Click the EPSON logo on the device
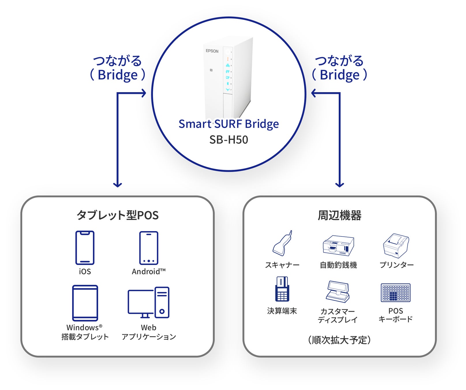point(212,51)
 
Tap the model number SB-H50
point(229,140)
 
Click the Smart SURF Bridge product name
point(229,124)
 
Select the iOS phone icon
point(85,248)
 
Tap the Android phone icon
point(149,248)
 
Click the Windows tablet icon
point(85,303)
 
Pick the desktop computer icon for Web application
point(149,302)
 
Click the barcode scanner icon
point(282,244)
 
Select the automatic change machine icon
point(338,245)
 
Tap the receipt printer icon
point(396,245)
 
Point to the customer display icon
point(338,291)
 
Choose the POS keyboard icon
point(395,292)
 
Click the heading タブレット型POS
point(117,215)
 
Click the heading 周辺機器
point(339,215)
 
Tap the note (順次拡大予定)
point(339,340)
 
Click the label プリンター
point(396,265)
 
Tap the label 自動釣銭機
point(338,265)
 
